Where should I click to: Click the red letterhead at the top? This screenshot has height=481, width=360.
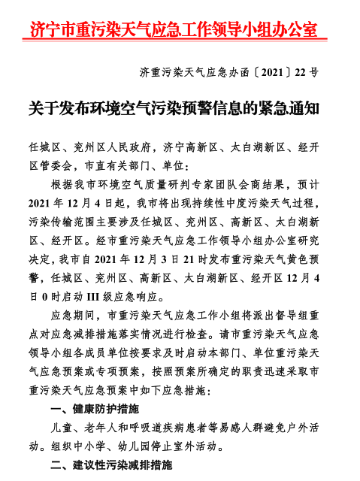[173, 29]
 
